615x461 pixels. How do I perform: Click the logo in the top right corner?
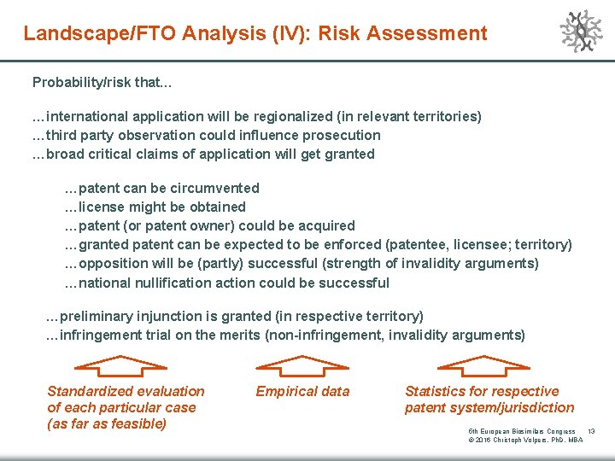(581, 32)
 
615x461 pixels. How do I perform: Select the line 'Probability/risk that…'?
(102, 83)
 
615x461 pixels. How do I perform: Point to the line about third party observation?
(206, 135)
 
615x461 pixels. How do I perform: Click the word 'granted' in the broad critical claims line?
(343, 154)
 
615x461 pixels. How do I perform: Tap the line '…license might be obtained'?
(155, 207)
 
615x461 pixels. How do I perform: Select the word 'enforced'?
(351, 244)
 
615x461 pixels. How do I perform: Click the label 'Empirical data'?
(302, 391)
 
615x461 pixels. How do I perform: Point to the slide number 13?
(591, 432)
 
